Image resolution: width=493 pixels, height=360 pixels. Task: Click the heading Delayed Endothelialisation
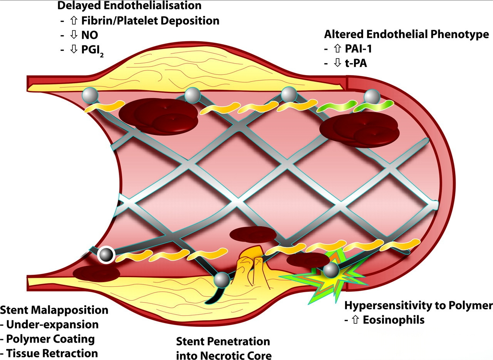pyautogui.click(x=129, y=6)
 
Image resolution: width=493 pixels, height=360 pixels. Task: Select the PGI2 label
pyautogui.click(x=92, y=50)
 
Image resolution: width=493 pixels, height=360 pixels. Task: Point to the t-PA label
pyautogui.click(x=356, y=63)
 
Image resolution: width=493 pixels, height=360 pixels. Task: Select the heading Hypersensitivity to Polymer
pyautogui.click(x=418, y=306)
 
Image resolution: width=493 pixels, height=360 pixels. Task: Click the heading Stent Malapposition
pyautogui.click(x=54, y=310)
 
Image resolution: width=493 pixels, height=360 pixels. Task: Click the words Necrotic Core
pyautogui.click(x=240, y=355)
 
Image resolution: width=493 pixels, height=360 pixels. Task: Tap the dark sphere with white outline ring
pyautogui.click(x=106, y=255)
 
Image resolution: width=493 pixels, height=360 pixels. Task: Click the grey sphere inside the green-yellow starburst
pyautogui.click(x=330, y=271)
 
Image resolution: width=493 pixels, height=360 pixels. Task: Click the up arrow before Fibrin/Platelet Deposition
pyautogui.click(x=75, y=21)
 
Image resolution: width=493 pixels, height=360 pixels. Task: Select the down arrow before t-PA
pyautogui.click(x=338, y=63)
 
